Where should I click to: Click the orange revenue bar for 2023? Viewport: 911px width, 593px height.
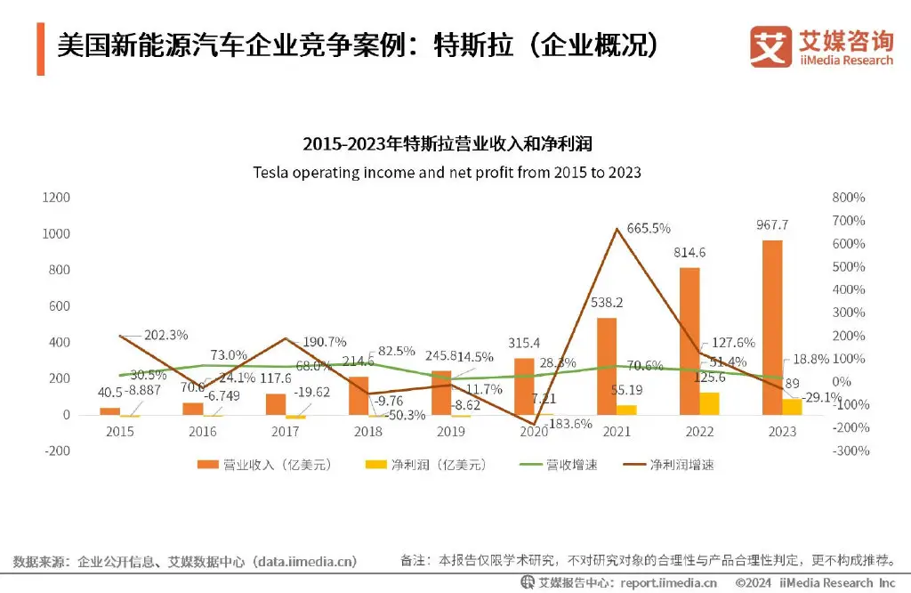pyautogui.click(x=772, y=328)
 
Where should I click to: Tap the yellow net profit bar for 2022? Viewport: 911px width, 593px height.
pyautogui.click(x=710, y=403)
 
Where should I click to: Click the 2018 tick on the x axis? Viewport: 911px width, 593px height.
pyautogui.click(x=368, y=432)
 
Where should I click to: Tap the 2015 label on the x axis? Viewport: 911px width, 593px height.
pyautogui.click(x=120, y=432)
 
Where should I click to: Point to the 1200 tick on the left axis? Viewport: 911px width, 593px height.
pyautogui.click(x=57, y=198)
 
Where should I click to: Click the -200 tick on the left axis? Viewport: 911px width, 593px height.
pyautogui.click(x=58, y=451)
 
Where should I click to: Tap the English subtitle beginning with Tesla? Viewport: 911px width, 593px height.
pyautogui.click(x=447, y=172)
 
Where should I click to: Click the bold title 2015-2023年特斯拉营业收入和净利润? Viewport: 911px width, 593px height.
pyautogui.click(x=447, y=144)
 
